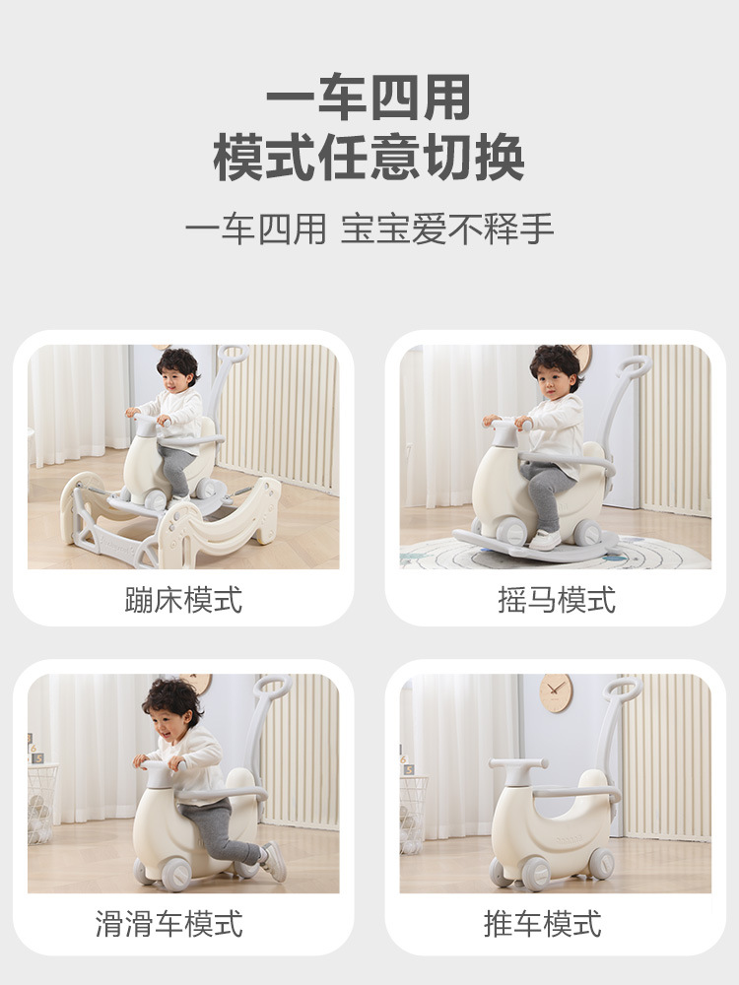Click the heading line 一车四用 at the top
tap(369, 98)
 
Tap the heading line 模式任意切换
tap(369, 158)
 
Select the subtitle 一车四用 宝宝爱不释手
tap(369, 229)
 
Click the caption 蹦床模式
tap(183, 599)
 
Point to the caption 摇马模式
tap(556, 599)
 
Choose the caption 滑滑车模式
tap(169, 924)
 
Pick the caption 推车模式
tap(542, 924)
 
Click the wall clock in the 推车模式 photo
tap(556, 693)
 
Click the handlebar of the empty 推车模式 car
tap(518, 764)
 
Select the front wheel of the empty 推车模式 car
tap(535, 874)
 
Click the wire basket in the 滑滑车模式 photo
tap(42, 804)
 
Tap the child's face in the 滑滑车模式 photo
tap(169, 727)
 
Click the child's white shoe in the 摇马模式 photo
tap(545, 540)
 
